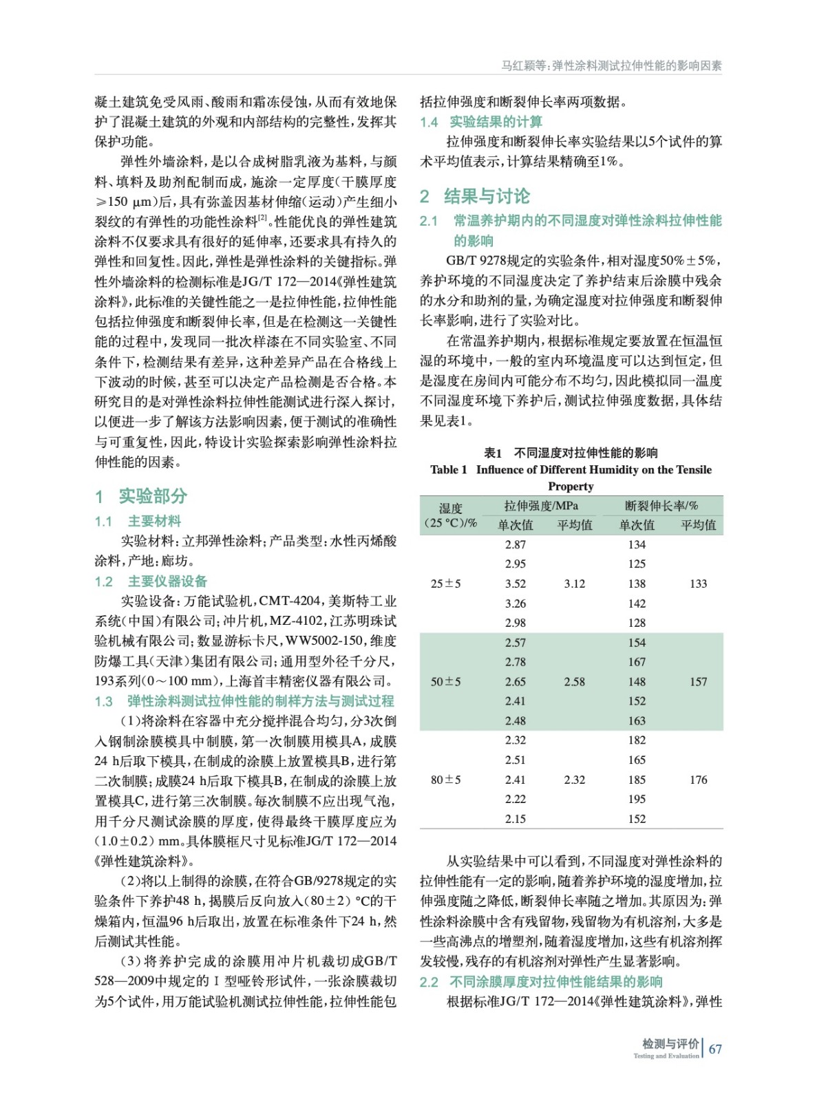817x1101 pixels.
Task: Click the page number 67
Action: click(715, 1049)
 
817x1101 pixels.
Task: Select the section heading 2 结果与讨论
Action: click(475, 196)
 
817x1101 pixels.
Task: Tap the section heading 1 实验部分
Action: click(141, 495)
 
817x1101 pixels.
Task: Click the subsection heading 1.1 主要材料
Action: click(138, 521)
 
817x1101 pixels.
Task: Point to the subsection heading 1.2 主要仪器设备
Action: click(151, 581)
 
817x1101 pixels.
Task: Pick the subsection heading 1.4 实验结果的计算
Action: click(481, 122)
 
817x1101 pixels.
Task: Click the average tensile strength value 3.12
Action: click(574, 584)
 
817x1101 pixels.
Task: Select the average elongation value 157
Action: click(698, 681)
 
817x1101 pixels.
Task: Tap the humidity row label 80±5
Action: click(445, 780)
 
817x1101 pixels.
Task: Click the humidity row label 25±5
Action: click(445, 584)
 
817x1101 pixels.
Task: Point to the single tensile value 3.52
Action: click(515, 584)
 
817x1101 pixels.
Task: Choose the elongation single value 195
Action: click(637, 799)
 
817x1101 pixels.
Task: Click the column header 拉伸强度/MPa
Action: click(541, 506)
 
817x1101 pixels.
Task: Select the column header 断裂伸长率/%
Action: click(661, 506)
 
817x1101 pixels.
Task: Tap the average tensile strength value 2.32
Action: click(574, 780)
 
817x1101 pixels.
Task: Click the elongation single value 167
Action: click(637, 662)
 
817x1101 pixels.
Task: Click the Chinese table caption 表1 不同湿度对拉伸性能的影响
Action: click(571, 453)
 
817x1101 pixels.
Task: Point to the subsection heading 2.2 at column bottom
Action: click(541, 981)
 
